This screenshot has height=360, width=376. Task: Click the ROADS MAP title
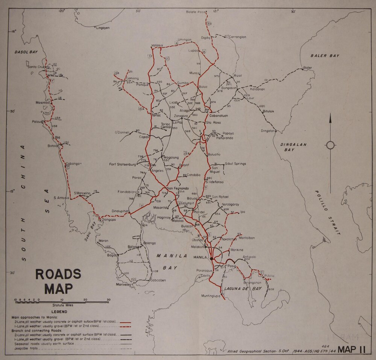click(x=58, y=281)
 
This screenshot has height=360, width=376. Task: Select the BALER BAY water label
click(x=324, y=56)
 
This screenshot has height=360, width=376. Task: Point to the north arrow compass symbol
click(x=330, y=145)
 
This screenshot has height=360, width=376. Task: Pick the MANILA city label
click(x=200, y=258)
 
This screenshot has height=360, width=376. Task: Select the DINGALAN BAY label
click(x=294, y=147)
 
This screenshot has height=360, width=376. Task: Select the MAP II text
click(x=352, y=349)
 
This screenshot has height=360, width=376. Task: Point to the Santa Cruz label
click(x=36, y=67)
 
